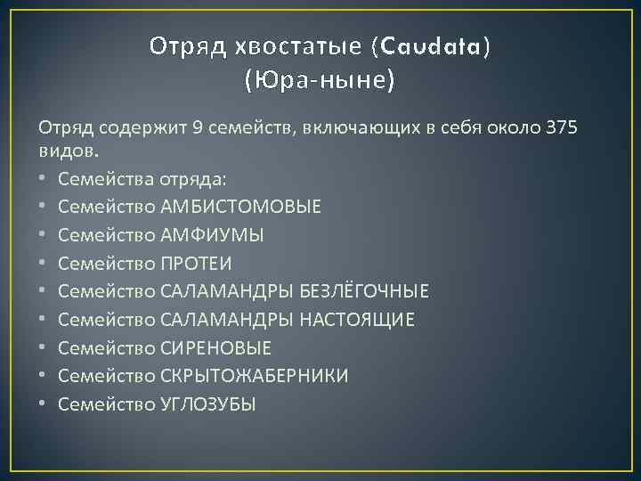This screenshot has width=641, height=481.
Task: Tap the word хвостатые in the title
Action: coord(292,46)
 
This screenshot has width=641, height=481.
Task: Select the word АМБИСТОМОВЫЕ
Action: coord(241,207)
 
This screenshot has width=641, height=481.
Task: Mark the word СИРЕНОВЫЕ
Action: coord(216,347)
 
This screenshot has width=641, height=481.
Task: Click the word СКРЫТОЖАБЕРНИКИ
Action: coord(255,376)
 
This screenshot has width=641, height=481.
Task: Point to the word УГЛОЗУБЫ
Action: coord(208,404)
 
